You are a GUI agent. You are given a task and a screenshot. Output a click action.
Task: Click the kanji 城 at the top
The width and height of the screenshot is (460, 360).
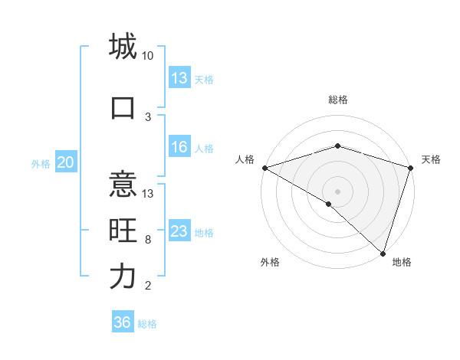point(123,46)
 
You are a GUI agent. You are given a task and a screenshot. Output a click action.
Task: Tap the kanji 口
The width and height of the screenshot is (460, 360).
point(123,107)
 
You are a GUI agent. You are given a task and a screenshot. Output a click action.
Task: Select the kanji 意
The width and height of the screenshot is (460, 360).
point(123,184)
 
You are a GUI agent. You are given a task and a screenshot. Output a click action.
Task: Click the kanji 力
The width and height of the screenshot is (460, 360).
point(123,277)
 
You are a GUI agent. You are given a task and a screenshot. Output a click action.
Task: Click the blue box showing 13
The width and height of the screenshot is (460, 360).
point(179,78)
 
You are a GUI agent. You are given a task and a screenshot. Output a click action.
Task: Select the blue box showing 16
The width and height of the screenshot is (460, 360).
point(179,148)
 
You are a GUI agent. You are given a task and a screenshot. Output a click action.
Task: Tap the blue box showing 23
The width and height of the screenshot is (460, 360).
point(179,232)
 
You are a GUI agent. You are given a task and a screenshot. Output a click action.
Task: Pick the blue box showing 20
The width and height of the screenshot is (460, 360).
point(66,162)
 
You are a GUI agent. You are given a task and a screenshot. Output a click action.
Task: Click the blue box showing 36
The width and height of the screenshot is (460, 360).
point(123,322)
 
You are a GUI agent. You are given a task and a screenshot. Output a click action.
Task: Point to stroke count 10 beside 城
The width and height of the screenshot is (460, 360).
point(148,56)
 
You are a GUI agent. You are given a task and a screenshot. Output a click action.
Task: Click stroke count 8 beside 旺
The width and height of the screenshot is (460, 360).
point(148,240)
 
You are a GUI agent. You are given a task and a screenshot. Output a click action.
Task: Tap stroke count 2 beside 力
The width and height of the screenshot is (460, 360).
point(148,286)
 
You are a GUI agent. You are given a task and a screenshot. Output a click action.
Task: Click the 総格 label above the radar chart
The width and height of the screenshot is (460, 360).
point(337,100)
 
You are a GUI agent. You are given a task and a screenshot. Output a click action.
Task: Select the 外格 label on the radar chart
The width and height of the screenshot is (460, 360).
point(270,262)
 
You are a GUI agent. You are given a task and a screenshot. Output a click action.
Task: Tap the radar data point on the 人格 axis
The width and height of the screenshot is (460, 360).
point(264,168)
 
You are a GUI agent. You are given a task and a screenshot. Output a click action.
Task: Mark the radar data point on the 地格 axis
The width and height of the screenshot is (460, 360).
point(383,253)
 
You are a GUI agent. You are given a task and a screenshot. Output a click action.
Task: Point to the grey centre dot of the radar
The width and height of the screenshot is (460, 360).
point(337,191)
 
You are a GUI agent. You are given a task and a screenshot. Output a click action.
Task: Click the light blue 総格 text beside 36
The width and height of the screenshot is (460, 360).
point(147,324)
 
